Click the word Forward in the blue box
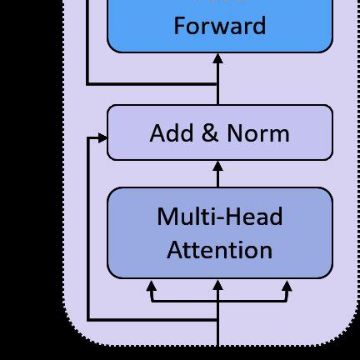point(219,25)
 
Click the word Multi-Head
point(220,217)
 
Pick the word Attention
point(220,250)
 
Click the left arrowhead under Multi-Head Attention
point(152,286)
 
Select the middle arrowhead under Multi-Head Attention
point(218,286)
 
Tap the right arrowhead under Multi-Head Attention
point(287,286)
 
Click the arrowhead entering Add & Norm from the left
point(102,137)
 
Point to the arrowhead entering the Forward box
point(218,58)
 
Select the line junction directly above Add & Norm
point(218,84)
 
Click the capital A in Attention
point(175,250)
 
